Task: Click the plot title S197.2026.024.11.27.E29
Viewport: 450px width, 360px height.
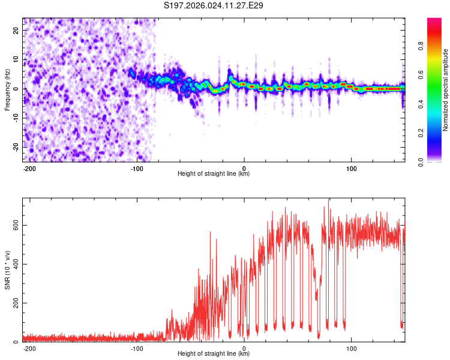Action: click(x=214, y=5)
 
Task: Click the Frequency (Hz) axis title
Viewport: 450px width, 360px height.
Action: click(x=7, y=89)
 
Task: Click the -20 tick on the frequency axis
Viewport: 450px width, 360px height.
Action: click(x=16, y=147)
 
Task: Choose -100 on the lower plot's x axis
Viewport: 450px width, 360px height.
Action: click(x=137, y=349)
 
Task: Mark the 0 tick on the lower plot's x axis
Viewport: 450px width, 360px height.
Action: click(x=244, y=349)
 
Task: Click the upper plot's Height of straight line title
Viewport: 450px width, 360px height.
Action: click(x=214, y=174)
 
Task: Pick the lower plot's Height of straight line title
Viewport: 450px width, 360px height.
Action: click(x=214, y=354)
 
